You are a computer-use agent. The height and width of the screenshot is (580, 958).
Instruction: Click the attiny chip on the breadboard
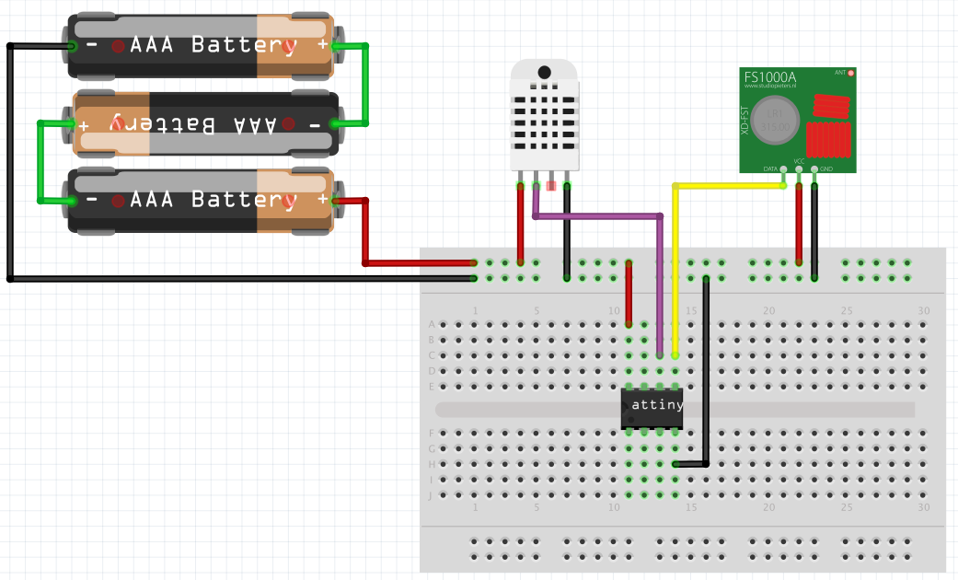coord(652,408)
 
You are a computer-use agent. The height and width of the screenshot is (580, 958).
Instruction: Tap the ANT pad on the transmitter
coord(851,72)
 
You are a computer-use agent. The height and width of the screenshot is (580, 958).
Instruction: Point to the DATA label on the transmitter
coord(771,168)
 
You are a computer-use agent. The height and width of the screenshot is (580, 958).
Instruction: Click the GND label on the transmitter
coord(826,168)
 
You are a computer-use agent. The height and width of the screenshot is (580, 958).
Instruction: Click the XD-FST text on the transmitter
coord(745,121)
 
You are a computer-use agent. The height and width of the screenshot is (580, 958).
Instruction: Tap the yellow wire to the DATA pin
coord(727,186)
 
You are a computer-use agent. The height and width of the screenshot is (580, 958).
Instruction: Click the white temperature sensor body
coord(545,115)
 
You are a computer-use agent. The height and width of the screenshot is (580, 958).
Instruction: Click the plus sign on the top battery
coord(322,44)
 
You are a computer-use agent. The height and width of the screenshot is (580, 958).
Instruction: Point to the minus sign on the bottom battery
coord(92,200)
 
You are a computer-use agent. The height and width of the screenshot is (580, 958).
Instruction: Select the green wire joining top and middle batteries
coord(367,83)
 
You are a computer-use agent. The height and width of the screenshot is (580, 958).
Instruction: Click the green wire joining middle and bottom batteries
coord(40,161)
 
